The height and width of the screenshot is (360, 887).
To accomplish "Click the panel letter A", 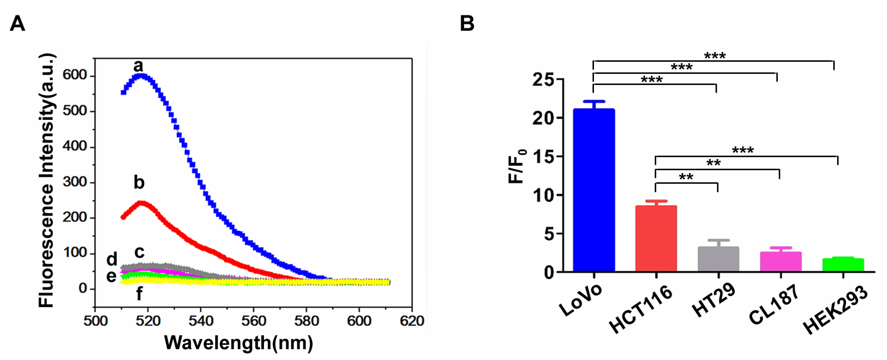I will tap(17, 24).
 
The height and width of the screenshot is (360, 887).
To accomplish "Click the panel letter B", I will tap(467, 24).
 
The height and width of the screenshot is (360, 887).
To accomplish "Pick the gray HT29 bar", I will tap(718, 259).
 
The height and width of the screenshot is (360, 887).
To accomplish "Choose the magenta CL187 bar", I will tap(781, 262).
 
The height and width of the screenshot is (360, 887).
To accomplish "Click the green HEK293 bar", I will tap(843, 265).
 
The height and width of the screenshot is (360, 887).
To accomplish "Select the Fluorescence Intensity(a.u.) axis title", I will tap(47, 181).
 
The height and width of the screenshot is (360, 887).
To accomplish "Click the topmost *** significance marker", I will tap(715, 56).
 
